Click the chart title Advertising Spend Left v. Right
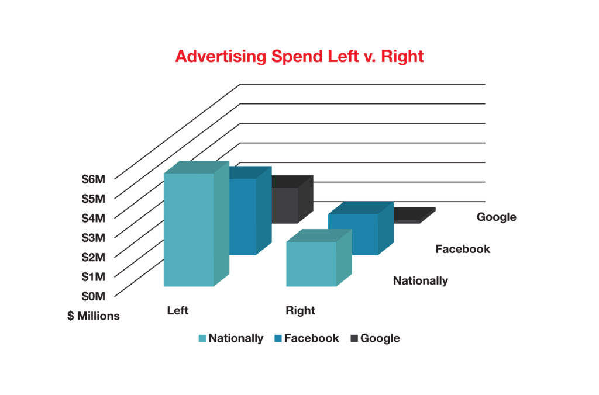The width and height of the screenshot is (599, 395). click(299, 57)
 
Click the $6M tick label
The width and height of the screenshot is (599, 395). click(93, 179)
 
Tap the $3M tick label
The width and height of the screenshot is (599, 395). click(93, 238)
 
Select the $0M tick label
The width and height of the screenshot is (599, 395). click(93, 296)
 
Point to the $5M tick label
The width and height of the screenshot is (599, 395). click(93, 199)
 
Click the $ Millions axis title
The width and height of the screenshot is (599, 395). click(94, 316)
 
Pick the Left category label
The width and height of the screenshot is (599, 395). click(178, 310)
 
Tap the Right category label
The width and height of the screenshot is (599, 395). click(300, 311)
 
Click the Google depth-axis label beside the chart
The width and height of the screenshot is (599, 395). click(497, 217)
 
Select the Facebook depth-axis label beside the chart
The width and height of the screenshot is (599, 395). click(463, 250)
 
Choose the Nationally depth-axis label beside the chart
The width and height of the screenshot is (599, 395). click(421, 281)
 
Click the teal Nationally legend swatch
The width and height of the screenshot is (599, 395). click(202, 338)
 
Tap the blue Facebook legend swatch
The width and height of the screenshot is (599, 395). click(278, 338)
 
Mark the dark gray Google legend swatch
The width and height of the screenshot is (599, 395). click(354, 338)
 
